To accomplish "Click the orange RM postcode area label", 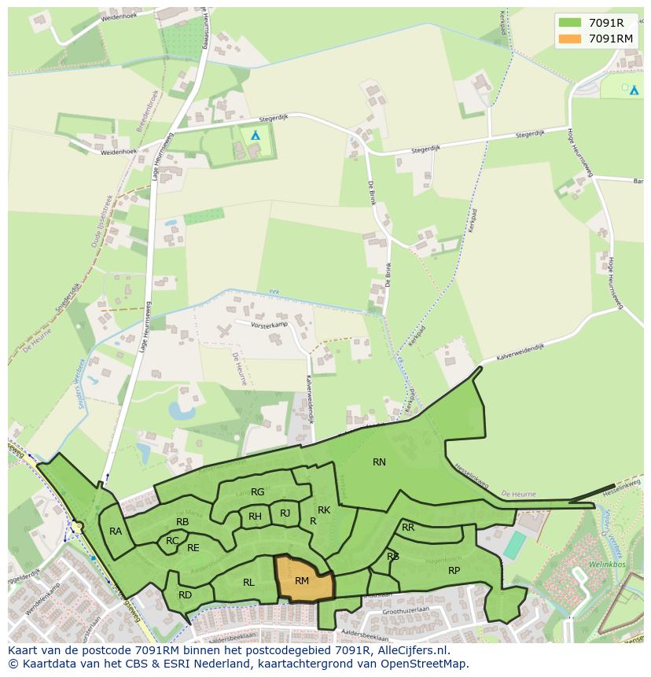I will pos(302,581).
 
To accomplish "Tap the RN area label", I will pos(379,462).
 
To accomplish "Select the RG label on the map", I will pos(257,492).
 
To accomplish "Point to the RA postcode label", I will pos(116,532).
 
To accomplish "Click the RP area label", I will pos(454,571).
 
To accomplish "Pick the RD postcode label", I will pos(185,595).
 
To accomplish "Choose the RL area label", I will pos(248,583).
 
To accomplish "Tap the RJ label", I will pos(285,513).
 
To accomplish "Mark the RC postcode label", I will pos(172,541).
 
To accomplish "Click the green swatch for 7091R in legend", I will pos(570,23).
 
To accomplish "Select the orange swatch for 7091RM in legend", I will pos(570,39).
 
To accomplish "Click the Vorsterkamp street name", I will pos(270,324).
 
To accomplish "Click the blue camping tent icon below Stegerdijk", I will pos(255,135).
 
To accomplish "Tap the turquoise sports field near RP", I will pos(515,546).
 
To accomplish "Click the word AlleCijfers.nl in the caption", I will pos(410,650).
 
